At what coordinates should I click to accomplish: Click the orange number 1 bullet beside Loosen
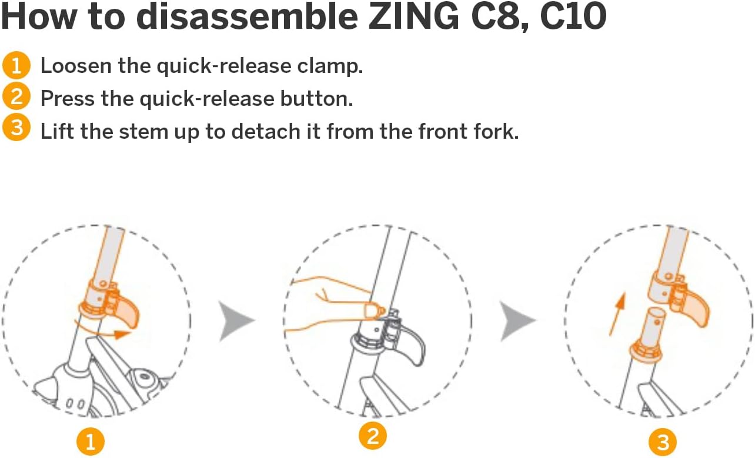coord(16,65)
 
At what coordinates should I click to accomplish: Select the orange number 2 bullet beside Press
coord(16,97)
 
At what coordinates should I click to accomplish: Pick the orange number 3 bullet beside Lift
coord(16,128)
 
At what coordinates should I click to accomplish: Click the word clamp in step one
coord(330,66)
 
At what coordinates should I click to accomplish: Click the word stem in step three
coord(143,132)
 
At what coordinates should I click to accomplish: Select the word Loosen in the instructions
coord(76,66)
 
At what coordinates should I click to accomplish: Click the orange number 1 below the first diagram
coord(91,442)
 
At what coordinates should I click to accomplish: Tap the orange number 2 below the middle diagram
coord(372,436)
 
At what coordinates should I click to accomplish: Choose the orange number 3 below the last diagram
coord(663,442)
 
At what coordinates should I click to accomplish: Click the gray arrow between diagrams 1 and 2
coord(235,320)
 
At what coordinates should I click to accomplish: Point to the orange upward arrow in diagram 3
coord(617,314)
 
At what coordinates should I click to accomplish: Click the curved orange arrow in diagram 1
coord(101,332)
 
